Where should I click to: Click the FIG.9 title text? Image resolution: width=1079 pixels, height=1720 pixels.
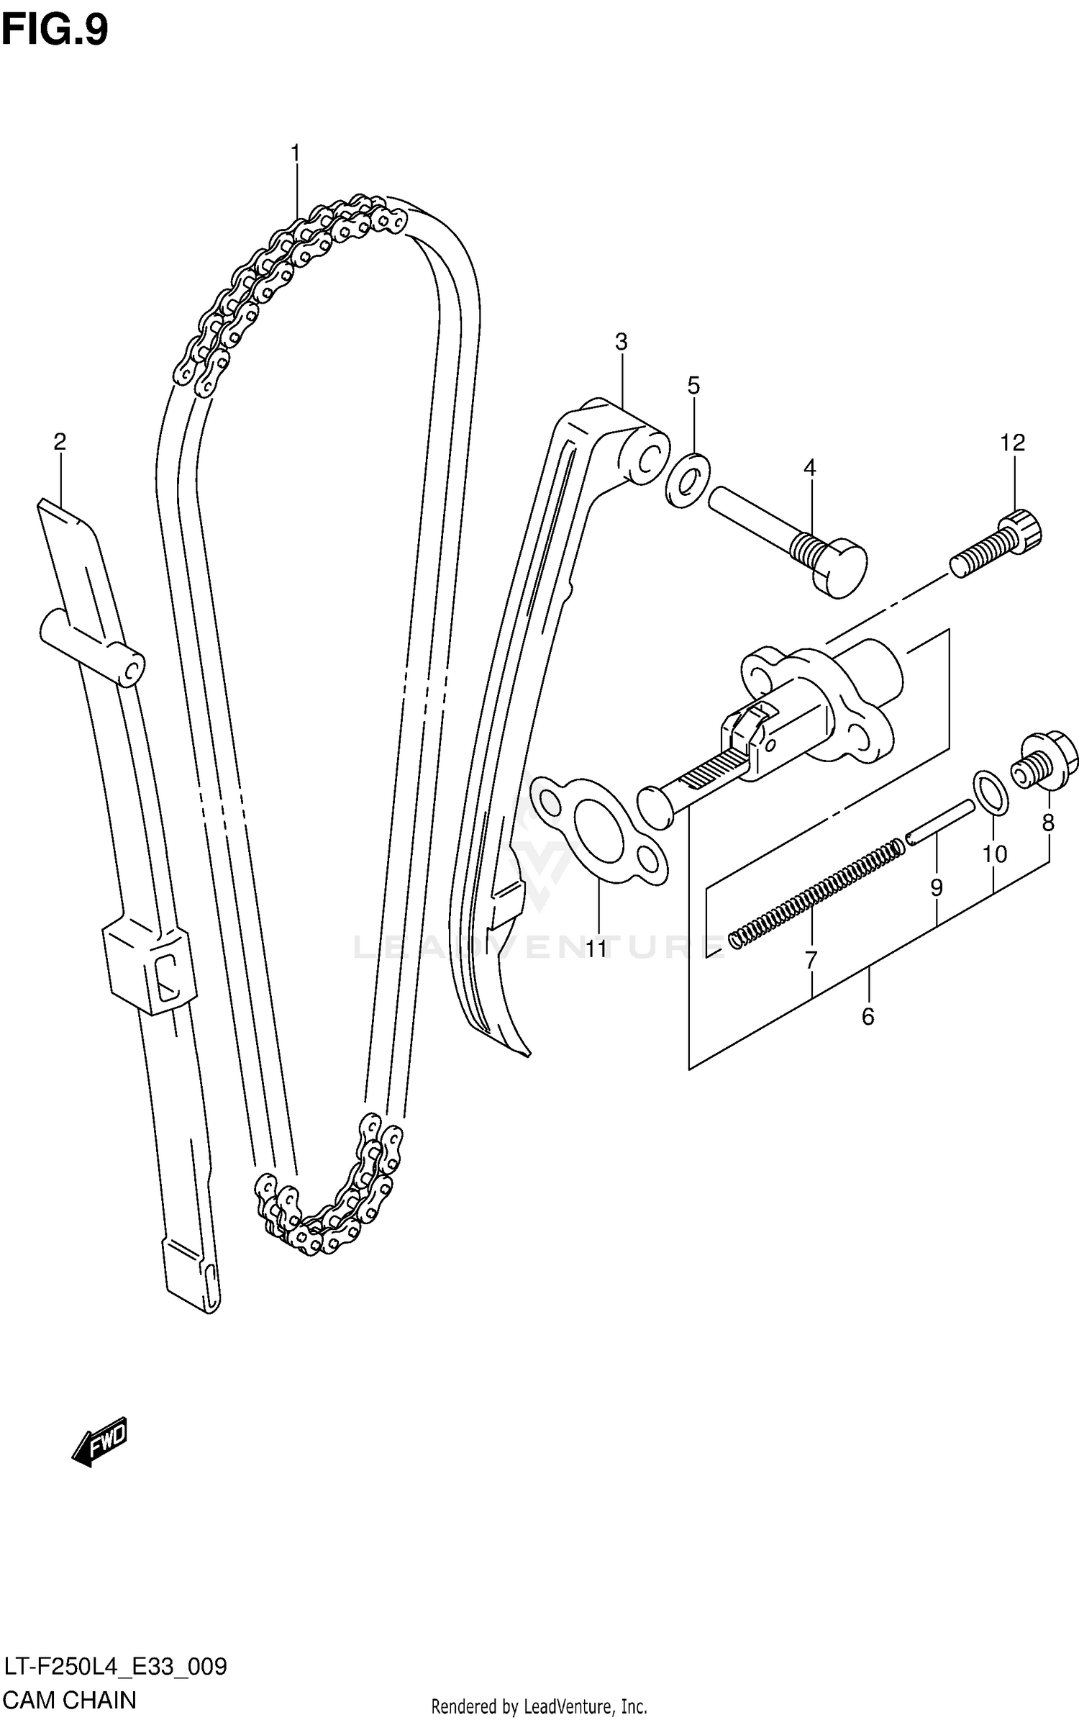tap(55, 30)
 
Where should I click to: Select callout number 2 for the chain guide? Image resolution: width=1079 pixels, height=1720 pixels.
tap(60, 441)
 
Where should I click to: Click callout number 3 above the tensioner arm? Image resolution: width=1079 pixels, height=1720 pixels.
tap(621, 342)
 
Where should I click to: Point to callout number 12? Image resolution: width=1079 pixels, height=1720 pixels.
tap(1012, 443)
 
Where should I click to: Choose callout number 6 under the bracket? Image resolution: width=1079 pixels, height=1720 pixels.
tap(868, 1017)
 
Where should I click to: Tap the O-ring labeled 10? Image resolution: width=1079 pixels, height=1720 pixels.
tap(991, 792)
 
